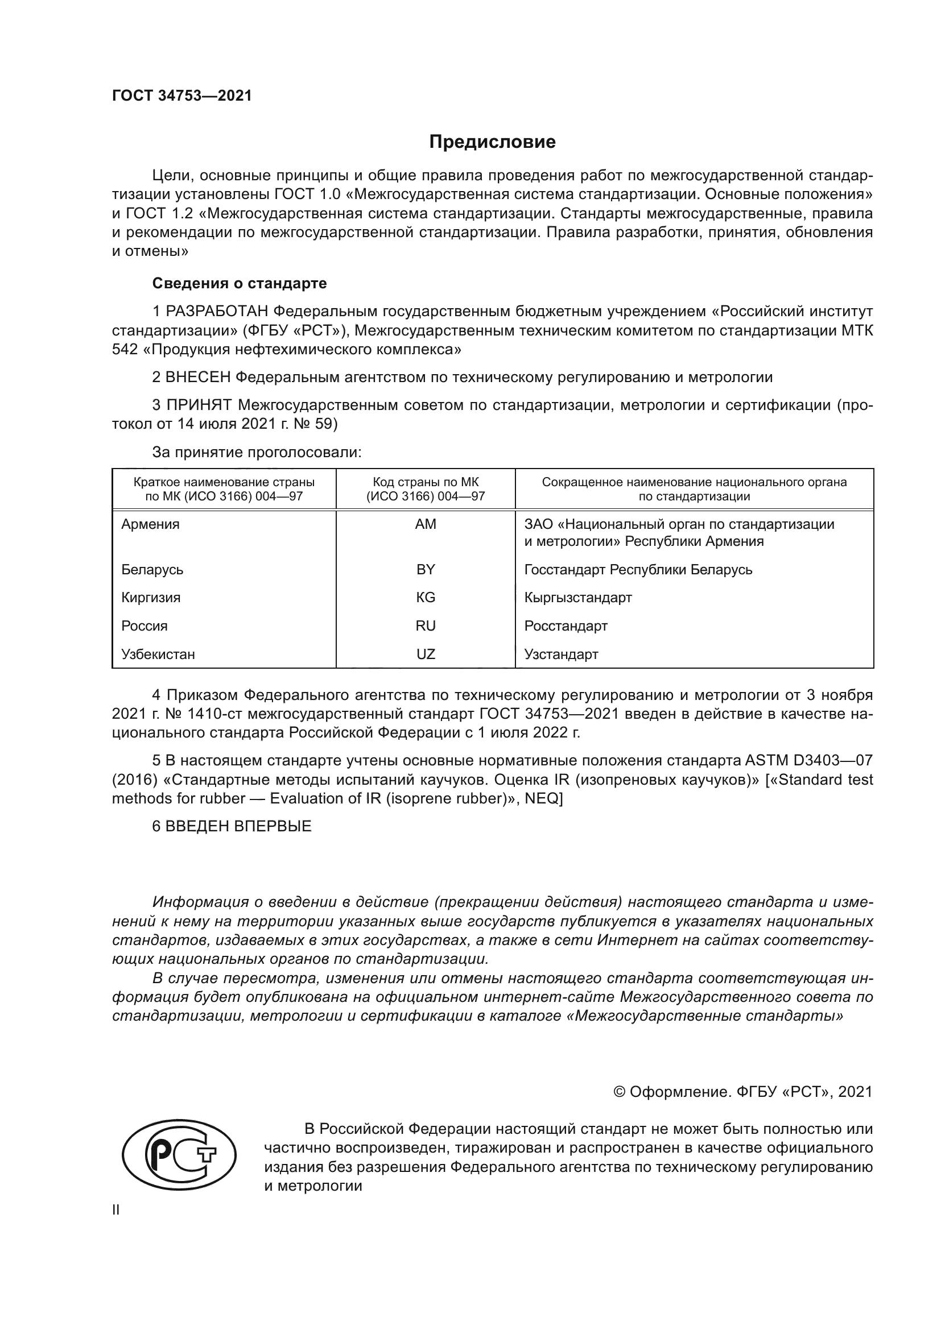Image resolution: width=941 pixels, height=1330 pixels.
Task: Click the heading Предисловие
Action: [x=492, y=142]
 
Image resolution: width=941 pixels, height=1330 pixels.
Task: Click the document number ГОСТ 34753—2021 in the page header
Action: [x=182, y=96]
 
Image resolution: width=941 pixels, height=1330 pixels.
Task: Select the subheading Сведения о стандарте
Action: [x=240, y=283]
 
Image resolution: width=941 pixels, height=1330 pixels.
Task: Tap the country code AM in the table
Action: [x=426, y=524]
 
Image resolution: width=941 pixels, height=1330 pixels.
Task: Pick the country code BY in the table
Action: [x=426, y=569]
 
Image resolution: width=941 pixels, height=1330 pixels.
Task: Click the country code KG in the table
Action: [x=426, y=597]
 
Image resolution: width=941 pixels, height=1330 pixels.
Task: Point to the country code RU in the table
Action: [x=426, y=625]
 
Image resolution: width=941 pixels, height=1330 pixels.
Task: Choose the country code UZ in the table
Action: [x=426, y=654]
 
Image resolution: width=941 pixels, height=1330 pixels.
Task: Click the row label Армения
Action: [x=151, y=524]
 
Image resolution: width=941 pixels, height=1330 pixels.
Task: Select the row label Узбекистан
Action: [x=158, y=654]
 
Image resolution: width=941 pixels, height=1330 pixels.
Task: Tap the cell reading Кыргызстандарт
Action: [x=577, y=597]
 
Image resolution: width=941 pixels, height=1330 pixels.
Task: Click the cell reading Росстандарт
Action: [x=566, y=625]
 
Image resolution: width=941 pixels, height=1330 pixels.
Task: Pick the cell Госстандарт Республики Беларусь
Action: [x=638, y=569]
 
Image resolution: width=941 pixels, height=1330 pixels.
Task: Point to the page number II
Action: [x=116, y=1209]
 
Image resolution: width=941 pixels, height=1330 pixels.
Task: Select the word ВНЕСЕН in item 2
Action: [x=198, y=377]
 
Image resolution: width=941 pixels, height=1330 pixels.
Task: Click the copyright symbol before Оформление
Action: [x=619, y=1092]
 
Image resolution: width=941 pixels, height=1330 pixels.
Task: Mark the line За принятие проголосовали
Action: [x=257, y=452]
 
